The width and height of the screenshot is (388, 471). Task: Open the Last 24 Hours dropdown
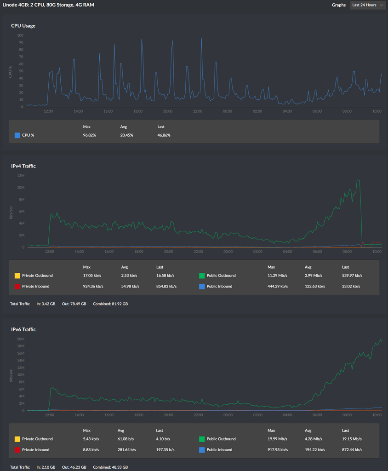(367, 5)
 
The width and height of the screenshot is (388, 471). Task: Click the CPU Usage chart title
(23, 26)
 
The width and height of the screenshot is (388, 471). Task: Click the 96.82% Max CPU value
(89, 135)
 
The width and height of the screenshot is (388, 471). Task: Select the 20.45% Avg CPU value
(127, 135)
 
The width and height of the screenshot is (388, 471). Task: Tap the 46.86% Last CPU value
(164, 135)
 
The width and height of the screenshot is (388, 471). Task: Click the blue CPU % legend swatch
(17, 135)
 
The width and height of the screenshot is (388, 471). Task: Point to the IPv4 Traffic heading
(23, 166)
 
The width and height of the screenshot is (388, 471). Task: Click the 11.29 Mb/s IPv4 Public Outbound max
(277, 276)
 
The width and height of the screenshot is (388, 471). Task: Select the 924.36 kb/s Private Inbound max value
(93, 286)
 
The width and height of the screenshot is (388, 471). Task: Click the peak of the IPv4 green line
(358, 180)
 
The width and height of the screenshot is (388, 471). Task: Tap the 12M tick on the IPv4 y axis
(21, 176)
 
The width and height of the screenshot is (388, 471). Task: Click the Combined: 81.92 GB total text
(110, 304)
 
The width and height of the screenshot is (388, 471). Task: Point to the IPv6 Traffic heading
(23, 329)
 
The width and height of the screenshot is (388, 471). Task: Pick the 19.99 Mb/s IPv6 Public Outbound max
(277, 439)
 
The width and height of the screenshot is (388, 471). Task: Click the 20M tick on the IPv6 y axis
(21, 339)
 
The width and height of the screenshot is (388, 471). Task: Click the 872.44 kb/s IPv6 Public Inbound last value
(352, 450)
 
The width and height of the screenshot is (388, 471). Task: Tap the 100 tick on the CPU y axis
(20, 35)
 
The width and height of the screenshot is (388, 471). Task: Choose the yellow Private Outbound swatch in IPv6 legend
(17, 439)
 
